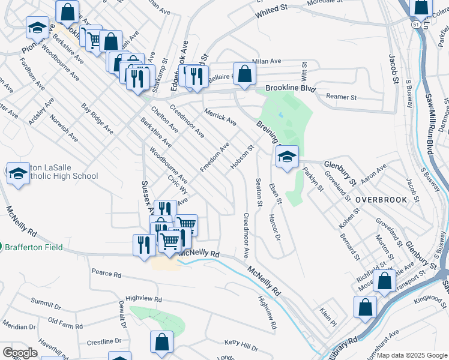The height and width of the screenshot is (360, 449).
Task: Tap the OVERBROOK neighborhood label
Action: coord(381,200)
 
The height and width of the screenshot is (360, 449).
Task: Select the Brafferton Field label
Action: coord(35,247)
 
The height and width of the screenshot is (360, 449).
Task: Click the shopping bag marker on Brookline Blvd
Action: coord(244,75)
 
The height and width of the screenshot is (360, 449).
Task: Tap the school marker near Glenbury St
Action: coord(287,157)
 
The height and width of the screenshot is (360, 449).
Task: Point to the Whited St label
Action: coord(271,11)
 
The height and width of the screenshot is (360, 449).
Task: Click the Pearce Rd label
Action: coord(106,274)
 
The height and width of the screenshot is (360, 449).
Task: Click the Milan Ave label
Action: coord(267,61)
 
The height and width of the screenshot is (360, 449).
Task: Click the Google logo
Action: coord(20,353)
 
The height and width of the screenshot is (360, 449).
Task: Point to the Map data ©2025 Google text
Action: coord(411,355)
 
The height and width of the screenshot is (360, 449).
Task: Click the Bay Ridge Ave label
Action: coord(97,118)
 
